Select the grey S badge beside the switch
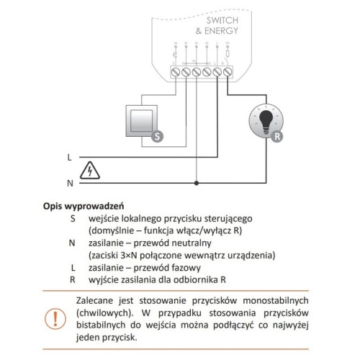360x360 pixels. coord(157,135)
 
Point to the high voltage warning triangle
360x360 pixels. coord(89,171)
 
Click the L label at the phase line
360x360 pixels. coord(69,156)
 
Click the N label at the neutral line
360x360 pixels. coord(69,184)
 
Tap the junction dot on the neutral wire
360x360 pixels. coord(196,184)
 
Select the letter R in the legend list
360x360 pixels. coord(72,279)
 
